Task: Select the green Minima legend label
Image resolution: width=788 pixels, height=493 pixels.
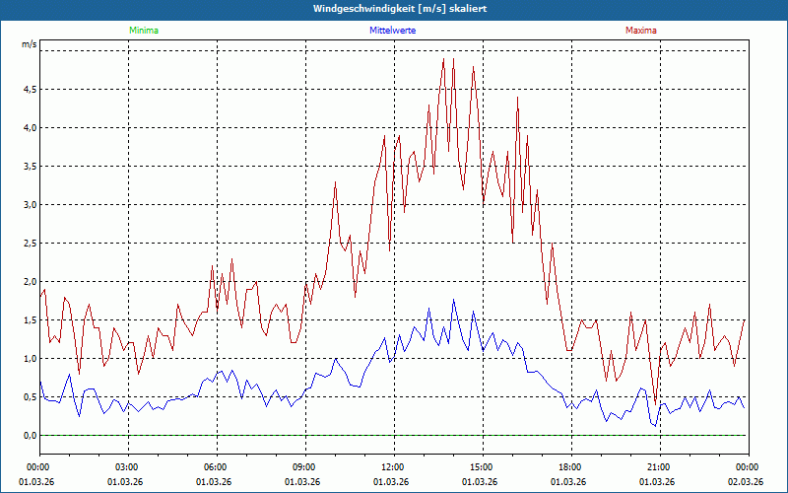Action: click(x=143, y=31)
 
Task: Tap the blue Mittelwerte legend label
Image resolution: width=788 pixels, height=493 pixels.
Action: click(x=392, y=31)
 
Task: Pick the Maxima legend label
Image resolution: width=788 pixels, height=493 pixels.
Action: click(x=640, y=31)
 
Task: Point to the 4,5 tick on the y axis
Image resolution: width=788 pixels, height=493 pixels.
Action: click(x=29, y=89)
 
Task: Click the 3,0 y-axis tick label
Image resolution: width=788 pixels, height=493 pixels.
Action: click(x=29, y=204)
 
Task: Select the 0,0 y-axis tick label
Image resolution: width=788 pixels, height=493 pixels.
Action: click(x=29, y=435)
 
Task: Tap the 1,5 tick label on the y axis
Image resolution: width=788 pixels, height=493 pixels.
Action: click(x=29, y=319)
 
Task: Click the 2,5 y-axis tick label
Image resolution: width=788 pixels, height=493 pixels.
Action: click(x=29, y=243)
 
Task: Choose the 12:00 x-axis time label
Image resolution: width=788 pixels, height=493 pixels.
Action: click(x=392, y=466)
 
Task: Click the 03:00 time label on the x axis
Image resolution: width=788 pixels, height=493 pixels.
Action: click(x=126, y=466)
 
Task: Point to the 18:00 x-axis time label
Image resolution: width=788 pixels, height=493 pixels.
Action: click(x=569, y=466)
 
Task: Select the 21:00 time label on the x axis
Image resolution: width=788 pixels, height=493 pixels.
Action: click(x=658, y=466)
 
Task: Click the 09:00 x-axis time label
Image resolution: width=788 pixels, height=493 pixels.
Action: click(x=303, y=466)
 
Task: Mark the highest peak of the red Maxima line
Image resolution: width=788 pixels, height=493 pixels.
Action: click(x=443, y=59)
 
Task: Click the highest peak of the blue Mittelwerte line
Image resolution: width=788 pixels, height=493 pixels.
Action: click(x=454, y=300)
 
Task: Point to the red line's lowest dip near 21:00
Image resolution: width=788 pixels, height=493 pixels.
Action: click(x=655, y=404)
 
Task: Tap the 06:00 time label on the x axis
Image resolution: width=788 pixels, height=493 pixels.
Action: click(x=215, y=466)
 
